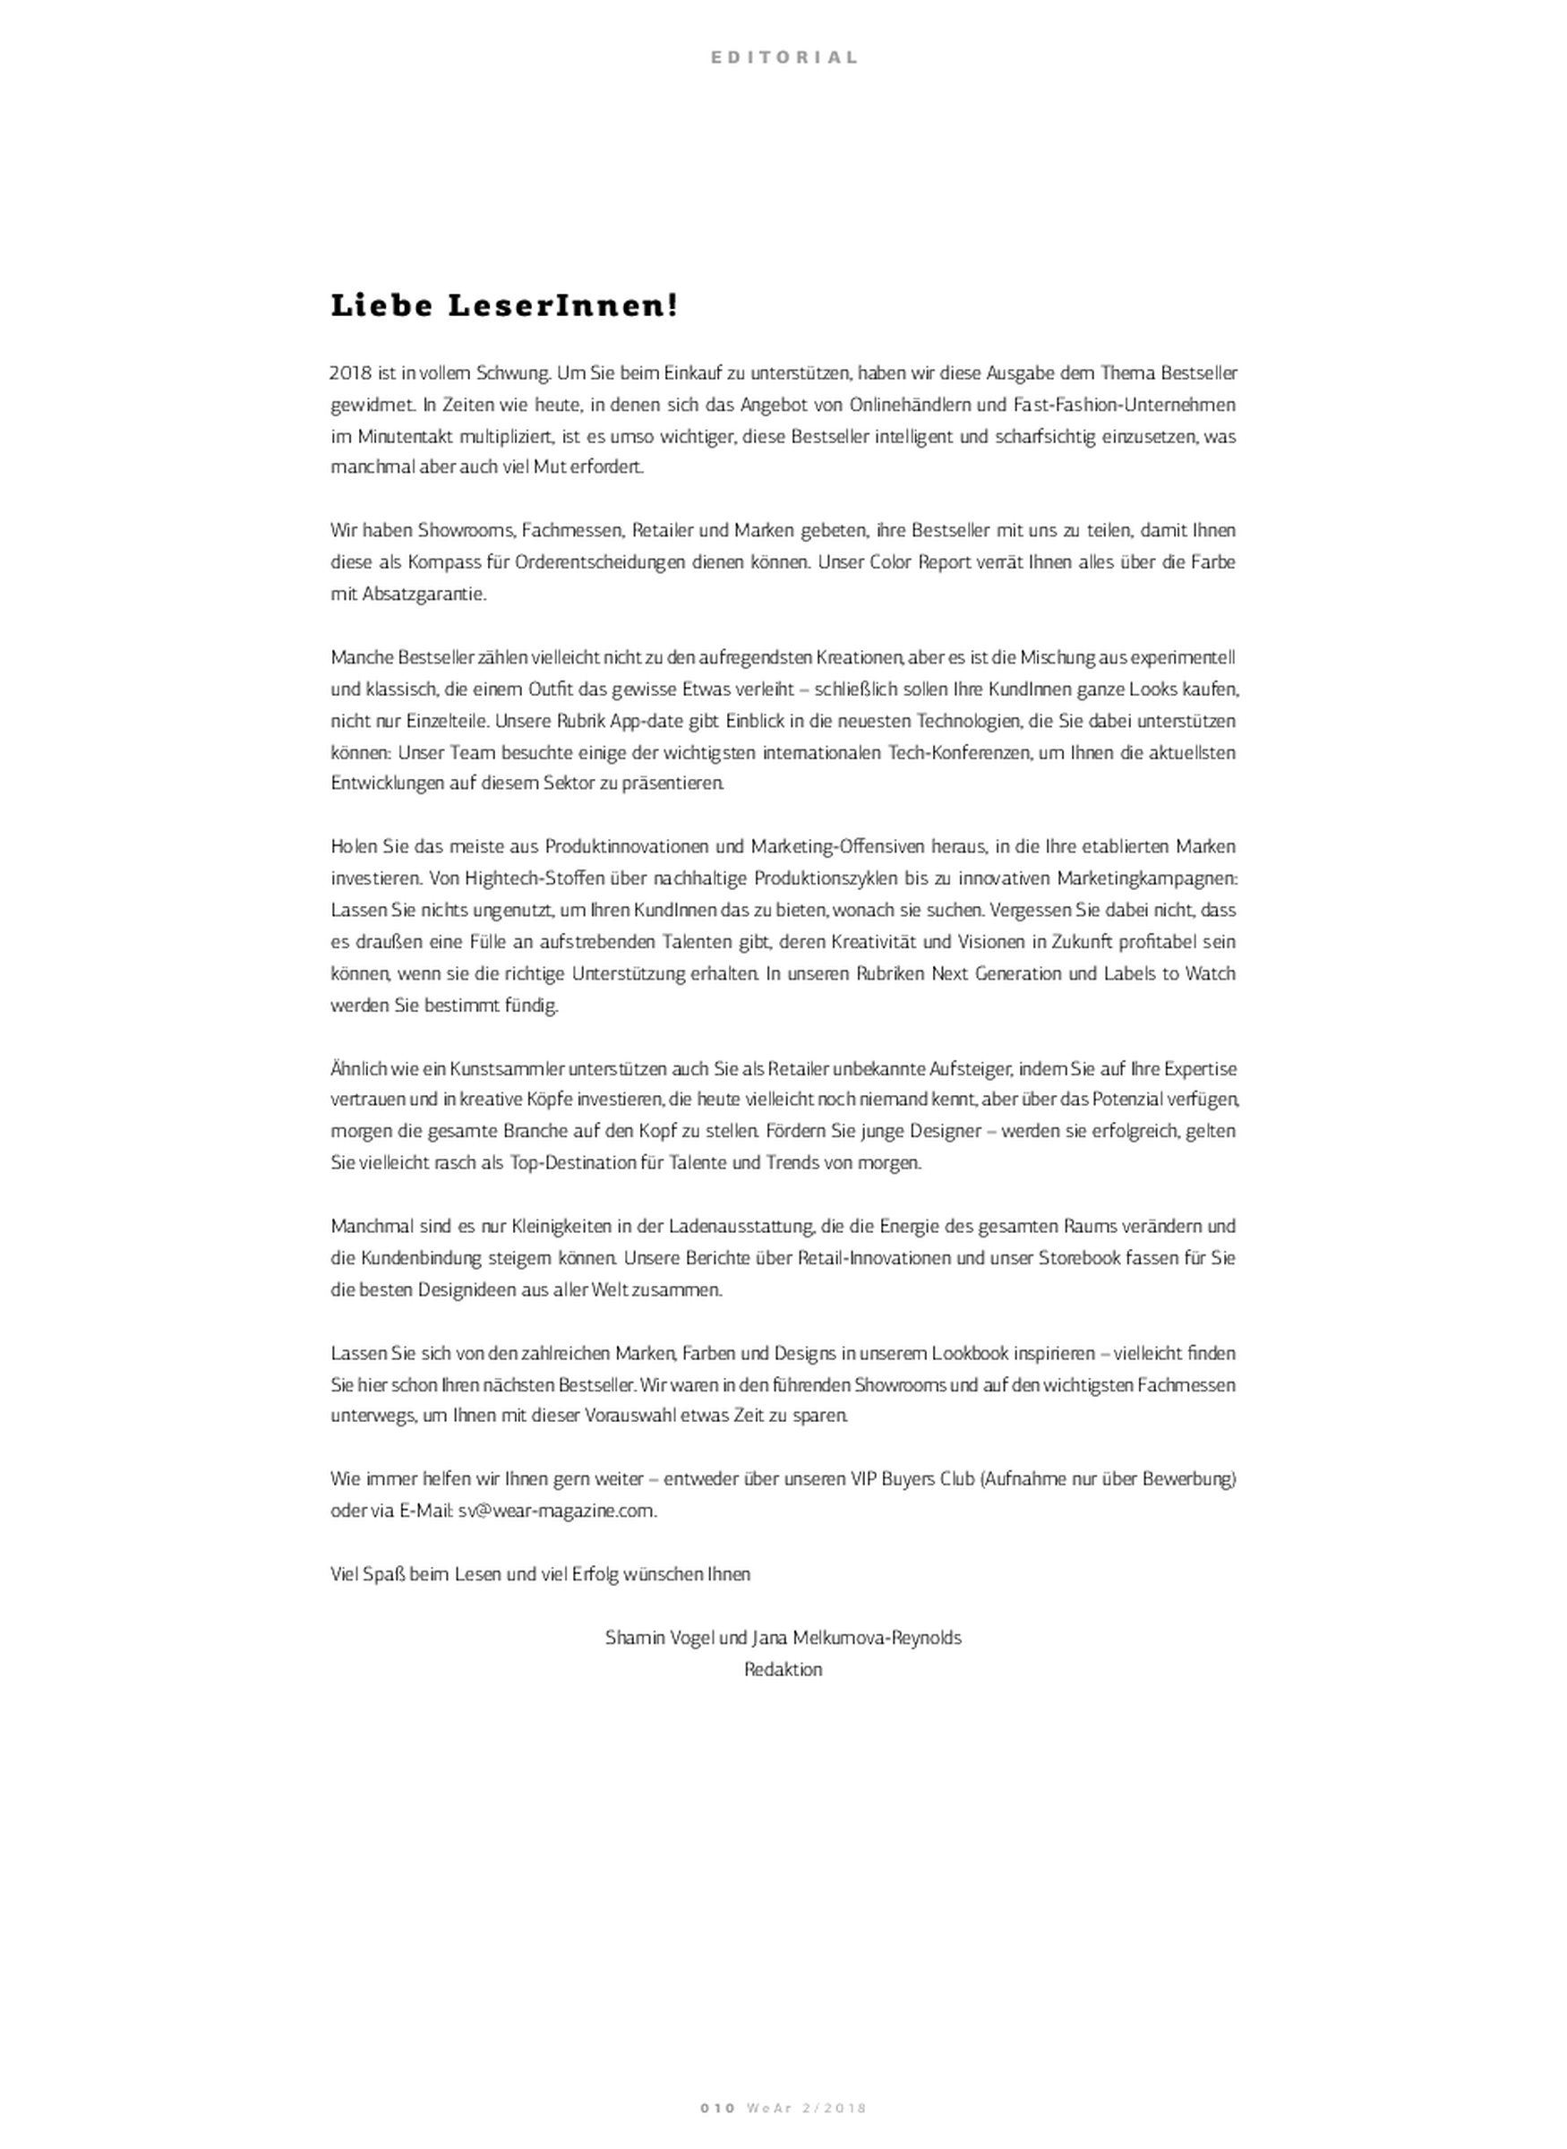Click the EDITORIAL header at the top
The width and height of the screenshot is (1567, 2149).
pyautogui.click(x=783, y=57)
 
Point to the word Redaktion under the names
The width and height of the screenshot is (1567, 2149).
pyautogui.click(x=783, y=1669)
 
